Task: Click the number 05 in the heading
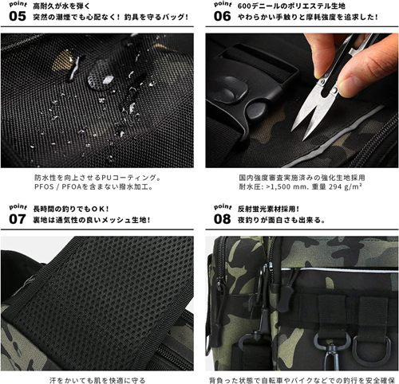[18, 16]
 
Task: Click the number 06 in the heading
[223, 16]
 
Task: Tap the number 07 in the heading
[18, 219]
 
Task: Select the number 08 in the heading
[223, 219]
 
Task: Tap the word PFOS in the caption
[44, 187]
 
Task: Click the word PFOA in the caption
[72, 187]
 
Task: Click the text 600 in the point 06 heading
[244, 6]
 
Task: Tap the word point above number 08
[223, 207]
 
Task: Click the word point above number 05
[18, 5]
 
